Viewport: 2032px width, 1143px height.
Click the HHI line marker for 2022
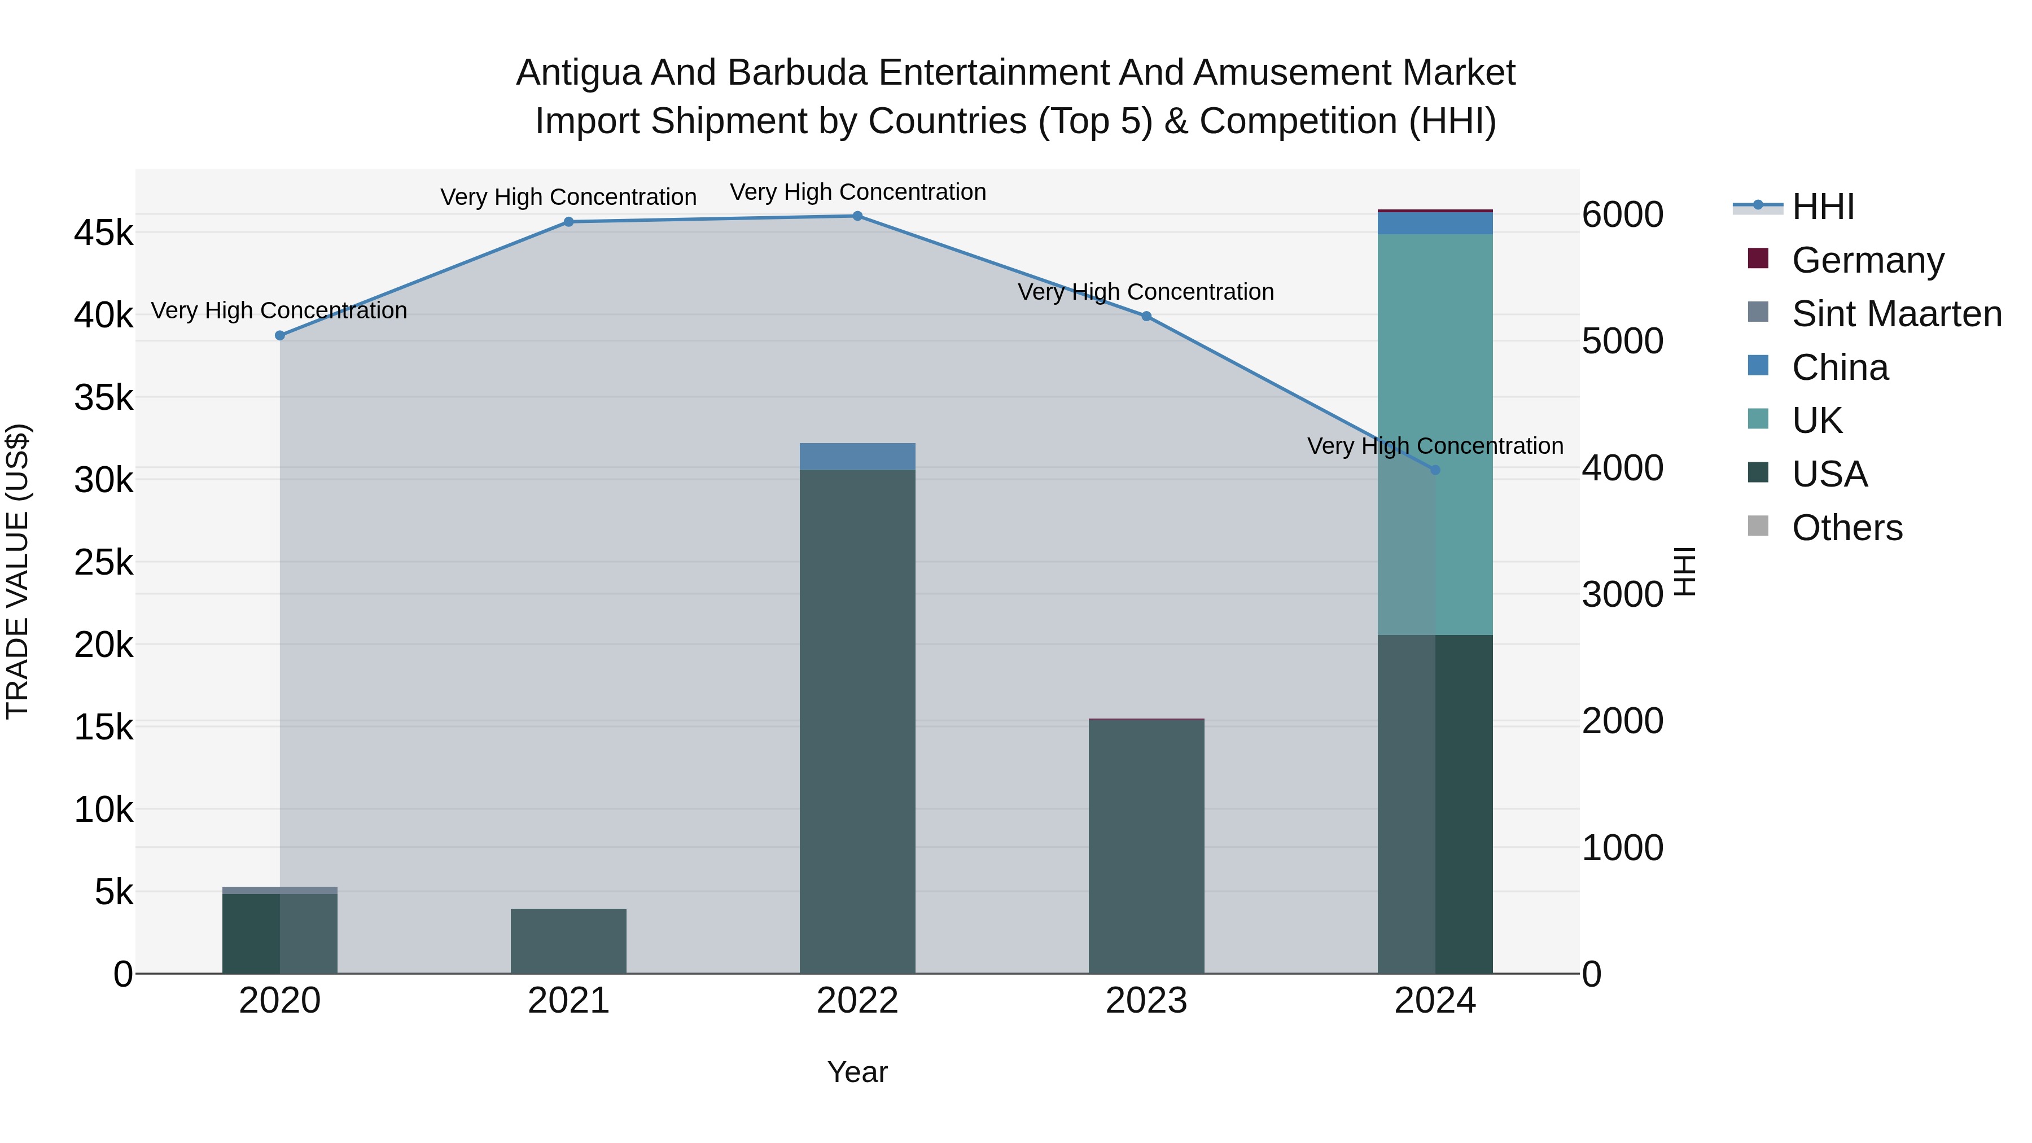pyautogui.click(x=857, y=216)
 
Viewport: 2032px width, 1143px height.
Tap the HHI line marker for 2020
pyautogui.click(x=280, y=335)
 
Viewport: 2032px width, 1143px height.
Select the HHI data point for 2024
pyautogui.click(x=1435, y=470)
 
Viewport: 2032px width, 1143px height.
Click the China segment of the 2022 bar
pyautogui.click(x=857, y=457)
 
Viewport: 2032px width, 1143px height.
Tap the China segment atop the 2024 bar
pyautogui.click(x=1435, y=223)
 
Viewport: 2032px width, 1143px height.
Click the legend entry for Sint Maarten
pyautogui.click(x=1897, y=314)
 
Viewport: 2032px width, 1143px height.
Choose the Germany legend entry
pyautogui.click(x=1867, y=260)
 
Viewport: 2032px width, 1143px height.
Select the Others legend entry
pyautogui.click(x=1847, y=528)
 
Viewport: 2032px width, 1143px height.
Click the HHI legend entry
pyautogui.click(x=1822, y=207)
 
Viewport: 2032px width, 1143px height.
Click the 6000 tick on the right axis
pyautogui.click(x=1623, y=214)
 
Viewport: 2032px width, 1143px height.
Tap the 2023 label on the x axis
pyautogui.click(x=1146, y=1001)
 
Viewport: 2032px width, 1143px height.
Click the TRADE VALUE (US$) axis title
pyautogui.click(x=17, y=571)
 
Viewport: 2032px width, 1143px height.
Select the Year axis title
pyautogui.click(x=857, y=1072)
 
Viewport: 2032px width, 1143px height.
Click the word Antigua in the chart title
pyautogui.click(x=577, y=73)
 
